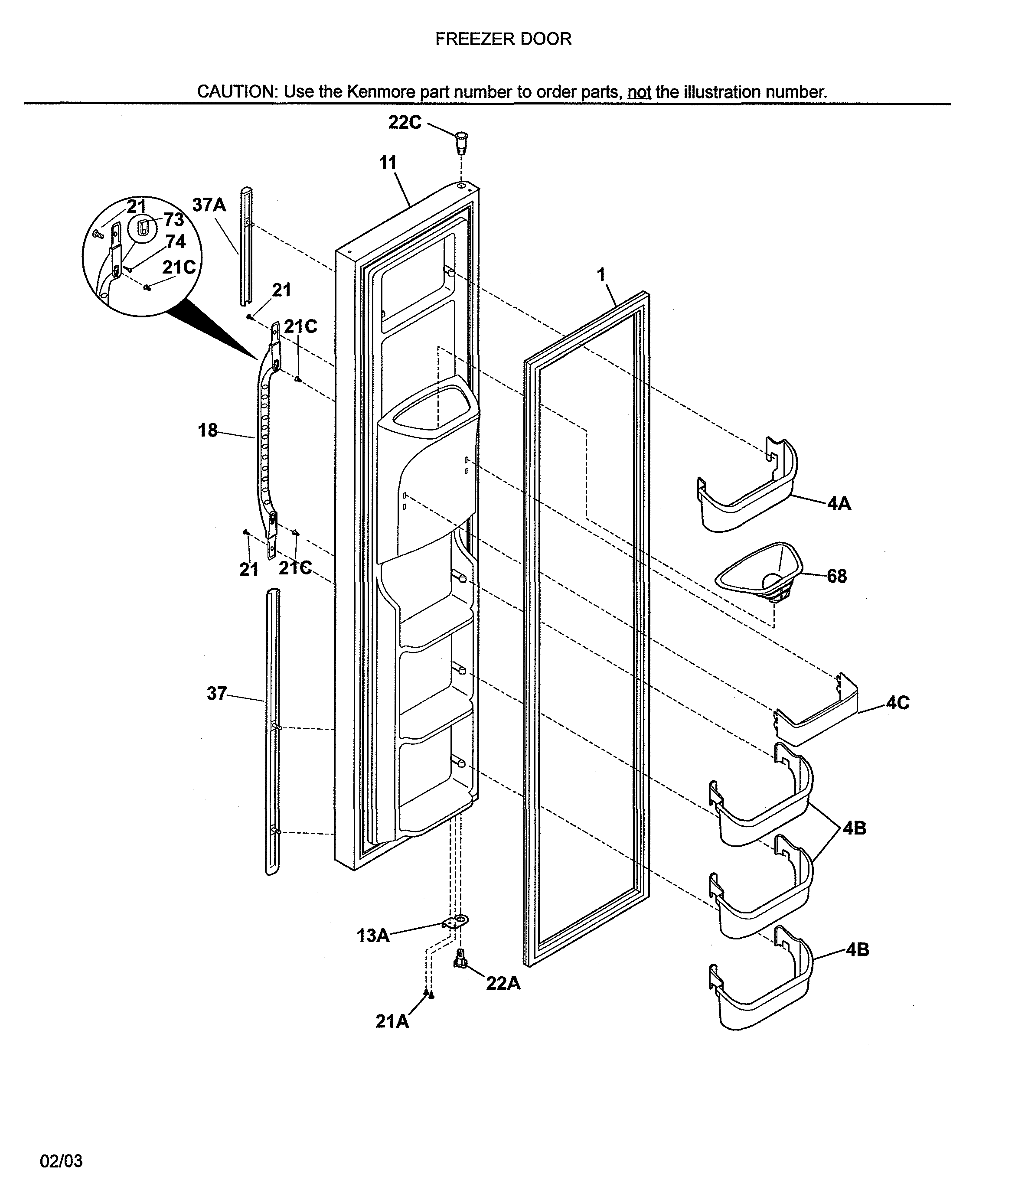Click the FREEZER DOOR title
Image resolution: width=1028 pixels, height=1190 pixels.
pos(503,39)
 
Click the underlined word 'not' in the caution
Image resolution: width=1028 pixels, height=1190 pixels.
pos(639,92)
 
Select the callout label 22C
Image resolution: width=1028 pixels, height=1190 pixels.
pos(405,122)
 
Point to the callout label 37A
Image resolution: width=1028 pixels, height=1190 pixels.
pos(209,205)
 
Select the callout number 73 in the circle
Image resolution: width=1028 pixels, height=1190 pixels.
pos(173,219)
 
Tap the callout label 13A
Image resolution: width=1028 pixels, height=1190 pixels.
pos(373,936)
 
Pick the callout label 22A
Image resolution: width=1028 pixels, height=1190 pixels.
pos(503,983)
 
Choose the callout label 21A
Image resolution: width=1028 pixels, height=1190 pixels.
pos(392,1021)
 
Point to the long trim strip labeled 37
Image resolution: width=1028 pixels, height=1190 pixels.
pos(272,730)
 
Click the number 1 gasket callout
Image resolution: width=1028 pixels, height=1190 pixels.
pos(601,275)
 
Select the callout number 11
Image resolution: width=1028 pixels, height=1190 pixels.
pos(388,163)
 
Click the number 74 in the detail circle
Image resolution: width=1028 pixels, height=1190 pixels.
pos(176,242)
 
